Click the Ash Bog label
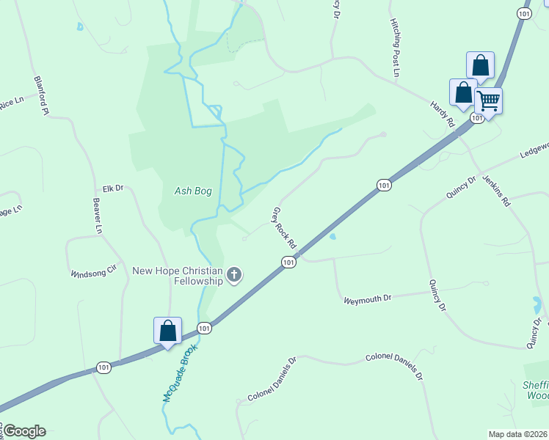point(193,191)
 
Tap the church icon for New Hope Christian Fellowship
point(234,276)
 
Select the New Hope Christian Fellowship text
point(177,276)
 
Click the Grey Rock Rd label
point(283,227)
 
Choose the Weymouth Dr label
point(368,298)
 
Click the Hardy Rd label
point(443,115)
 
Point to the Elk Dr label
point(113,188)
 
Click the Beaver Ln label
point(97,216)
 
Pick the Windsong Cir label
point(93,272)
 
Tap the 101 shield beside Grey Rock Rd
point(288,262)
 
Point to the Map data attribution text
point(517,433)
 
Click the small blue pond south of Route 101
point(333,237)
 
